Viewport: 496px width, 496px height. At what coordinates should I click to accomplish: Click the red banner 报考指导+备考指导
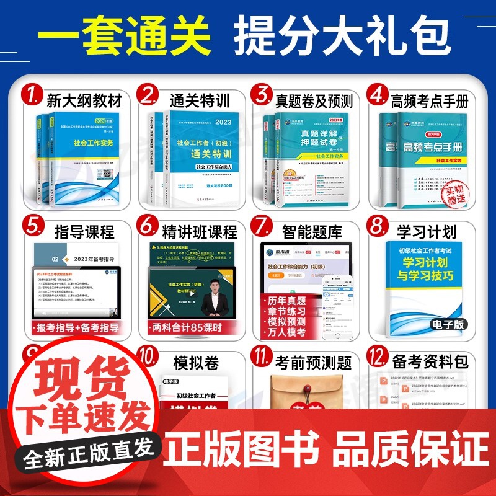pos(76,327)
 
